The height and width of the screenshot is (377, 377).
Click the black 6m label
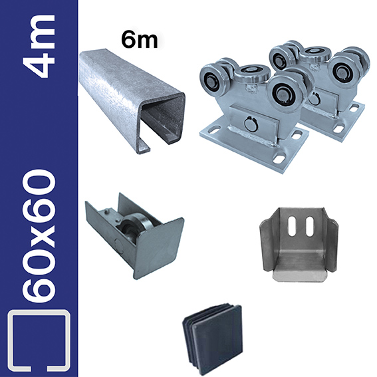pyautogui.click(x=140, y=40)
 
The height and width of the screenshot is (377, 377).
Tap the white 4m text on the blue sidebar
pyautogui.click(x=39, y=46)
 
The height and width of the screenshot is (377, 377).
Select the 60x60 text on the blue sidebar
pyautogui.click(x=39, y=235)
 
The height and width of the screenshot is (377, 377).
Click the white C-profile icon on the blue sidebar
pyautogui.click(x=39, y=341)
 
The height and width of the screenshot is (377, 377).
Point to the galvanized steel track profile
pyautogui.click(x=132, y=101)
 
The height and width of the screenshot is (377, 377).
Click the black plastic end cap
pyautogui.click(x=213, y=333)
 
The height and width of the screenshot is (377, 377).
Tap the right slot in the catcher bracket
pyautogui.click(x=309, y=226)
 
